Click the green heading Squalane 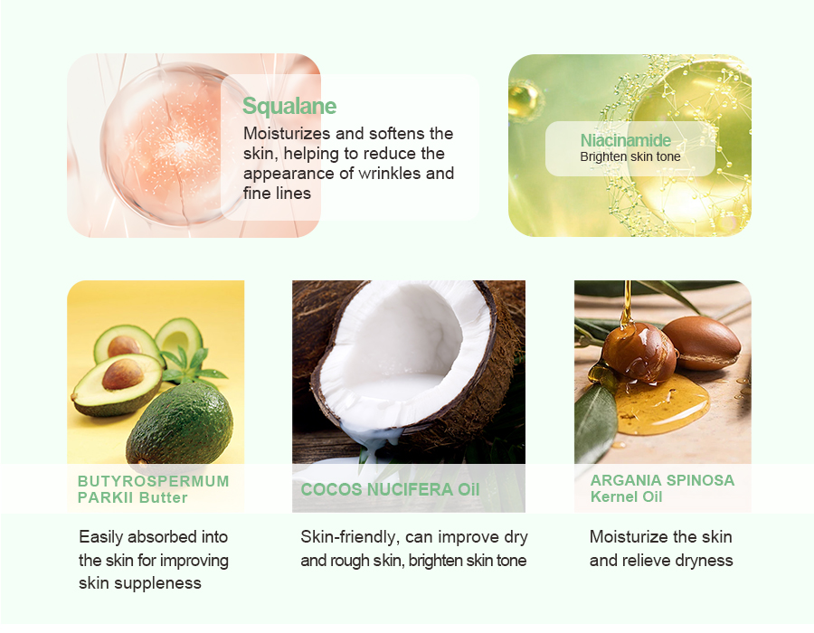pyautogui.click(x=289, y=107)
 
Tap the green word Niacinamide pyautogui.click(x=625, y=140)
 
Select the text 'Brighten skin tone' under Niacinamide pyautogui.click(x=629, y=156)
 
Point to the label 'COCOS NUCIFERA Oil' pyautogui.click(x=390, y=489)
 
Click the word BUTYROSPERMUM pyautogui.click(x=153, y=481)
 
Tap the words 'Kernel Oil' pyautogui.click(x=626, y=496)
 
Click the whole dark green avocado pyautogui.click(x=180, y=423)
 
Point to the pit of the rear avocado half pyautogui.click(x=124, y=345)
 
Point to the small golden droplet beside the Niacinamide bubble pyautogui.click(x=524, y=100)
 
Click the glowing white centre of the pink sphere pyautogui.click(x=181, y=147)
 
